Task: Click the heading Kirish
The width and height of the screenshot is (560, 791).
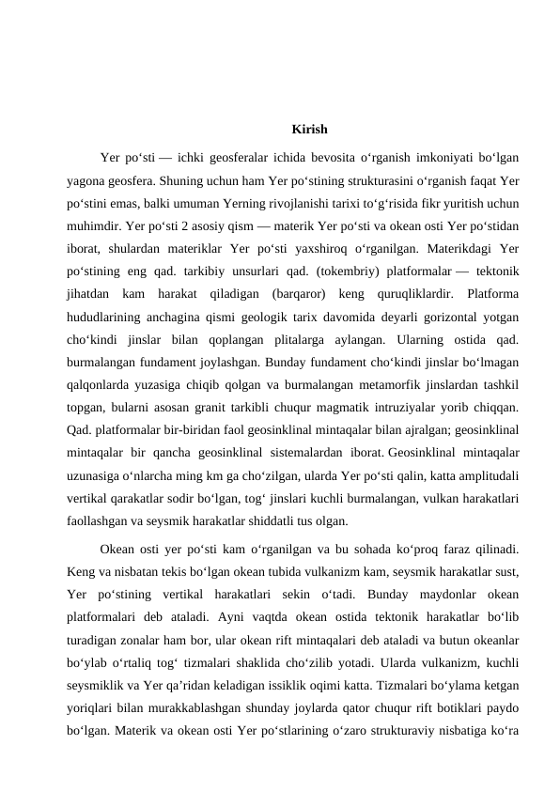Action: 309,129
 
